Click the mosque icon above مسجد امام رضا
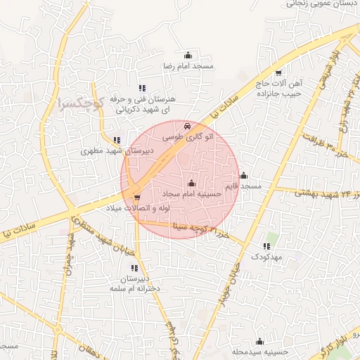[188, 56]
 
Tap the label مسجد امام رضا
[188, 65]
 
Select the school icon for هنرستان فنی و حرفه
[142, 89]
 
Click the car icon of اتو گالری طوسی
[186, 126]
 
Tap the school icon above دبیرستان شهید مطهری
[117, 139]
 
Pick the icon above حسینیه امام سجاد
[192, 183]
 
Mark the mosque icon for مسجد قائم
[243, 176]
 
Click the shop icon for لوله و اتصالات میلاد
[136, 198]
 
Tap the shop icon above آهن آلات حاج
[278, 72]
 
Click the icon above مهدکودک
[266, 247]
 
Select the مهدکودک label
[265, 258]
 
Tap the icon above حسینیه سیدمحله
[259, 341]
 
